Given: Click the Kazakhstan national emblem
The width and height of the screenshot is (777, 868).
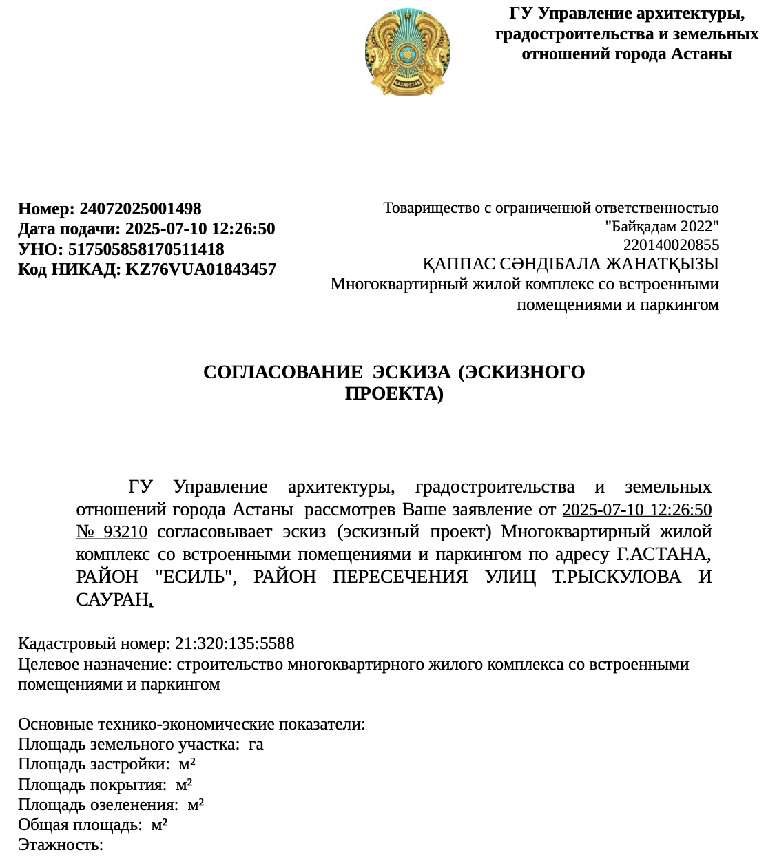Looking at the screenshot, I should coord(407,52).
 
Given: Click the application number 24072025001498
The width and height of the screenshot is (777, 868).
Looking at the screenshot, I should coord(141,209).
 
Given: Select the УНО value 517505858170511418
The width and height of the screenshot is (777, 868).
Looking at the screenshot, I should coord(146,249).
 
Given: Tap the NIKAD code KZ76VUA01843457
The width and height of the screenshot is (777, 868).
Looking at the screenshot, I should coord(200,269).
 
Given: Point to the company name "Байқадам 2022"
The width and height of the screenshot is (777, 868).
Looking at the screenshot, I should coord(661,227).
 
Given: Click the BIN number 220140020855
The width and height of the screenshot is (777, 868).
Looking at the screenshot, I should coord(671,245).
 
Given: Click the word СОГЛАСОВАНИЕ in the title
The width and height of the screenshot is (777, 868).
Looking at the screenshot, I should coord(282,373).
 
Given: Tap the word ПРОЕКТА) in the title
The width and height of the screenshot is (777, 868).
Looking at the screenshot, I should coord(394,393).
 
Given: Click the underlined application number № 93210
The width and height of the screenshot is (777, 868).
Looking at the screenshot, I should coord(112,532).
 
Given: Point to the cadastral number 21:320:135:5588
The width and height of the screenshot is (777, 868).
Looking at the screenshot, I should coord(234,643).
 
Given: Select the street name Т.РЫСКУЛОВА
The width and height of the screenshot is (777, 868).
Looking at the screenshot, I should coord(617,577).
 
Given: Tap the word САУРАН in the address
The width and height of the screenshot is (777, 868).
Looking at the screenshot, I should coord(112,599).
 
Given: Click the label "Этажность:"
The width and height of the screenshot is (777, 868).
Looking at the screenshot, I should coord(61,845).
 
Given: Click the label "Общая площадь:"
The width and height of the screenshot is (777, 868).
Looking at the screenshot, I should coord(80,825).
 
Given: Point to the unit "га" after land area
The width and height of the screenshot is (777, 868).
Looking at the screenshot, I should coord(256,745).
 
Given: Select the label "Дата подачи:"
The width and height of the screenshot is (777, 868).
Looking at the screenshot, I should coord(69,229).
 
